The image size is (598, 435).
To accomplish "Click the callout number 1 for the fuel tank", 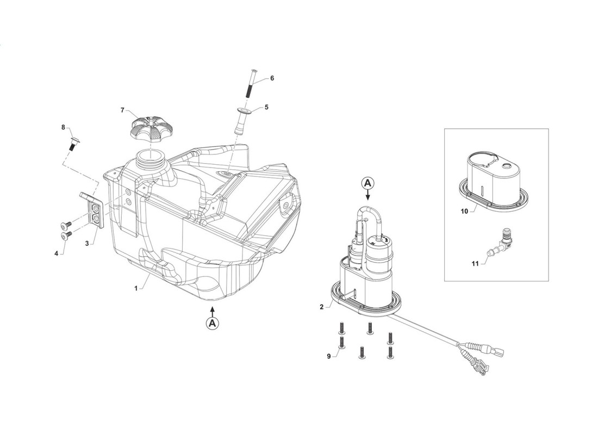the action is coord(136,289).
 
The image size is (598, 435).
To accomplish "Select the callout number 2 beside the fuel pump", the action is coord(321,307).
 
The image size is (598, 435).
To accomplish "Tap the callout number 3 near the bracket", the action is coord(87,243).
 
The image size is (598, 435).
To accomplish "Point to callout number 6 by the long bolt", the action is coord(272,78).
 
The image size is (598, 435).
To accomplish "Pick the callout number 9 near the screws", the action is coord(329,356).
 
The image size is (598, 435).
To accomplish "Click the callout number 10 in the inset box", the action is coord(464,211).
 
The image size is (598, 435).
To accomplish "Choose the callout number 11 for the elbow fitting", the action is coord(475,263).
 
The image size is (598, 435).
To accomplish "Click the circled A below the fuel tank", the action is coord(213,323).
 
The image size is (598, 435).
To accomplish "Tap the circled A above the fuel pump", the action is coord(367,183).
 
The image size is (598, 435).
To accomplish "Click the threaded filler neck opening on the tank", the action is coord(151,157).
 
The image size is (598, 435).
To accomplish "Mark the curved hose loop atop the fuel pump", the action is coord(367,221).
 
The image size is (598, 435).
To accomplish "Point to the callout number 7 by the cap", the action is coord(122,110).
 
